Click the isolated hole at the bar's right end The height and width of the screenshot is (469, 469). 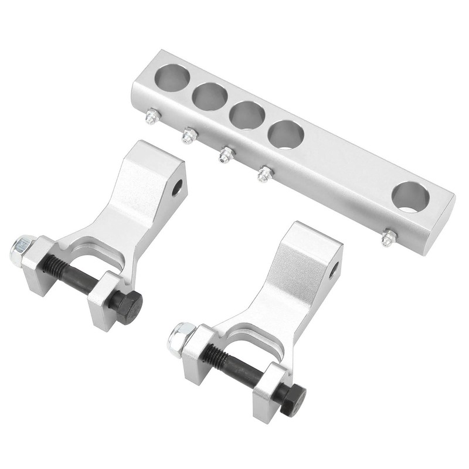point(410,197)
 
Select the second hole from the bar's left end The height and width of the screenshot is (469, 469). point(209,96)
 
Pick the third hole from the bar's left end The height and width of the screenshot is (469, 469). point(247,115)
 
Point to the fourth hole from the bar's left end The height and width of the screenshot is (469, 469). point(286,134)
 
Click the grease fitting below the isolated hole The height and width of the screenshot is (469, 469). point(388,238)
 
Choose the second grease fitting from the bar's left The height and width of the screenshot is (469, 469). point(189,135)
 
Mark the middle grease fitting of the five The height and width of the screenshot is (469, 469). point(226,155)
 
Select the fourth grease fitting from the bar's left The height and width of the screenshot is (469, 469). point(265,174)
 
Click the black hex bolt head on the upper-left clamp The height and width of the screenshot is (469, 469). point(127,306)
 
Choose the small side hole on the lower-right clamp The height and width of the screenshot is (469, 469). point(333,270)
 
